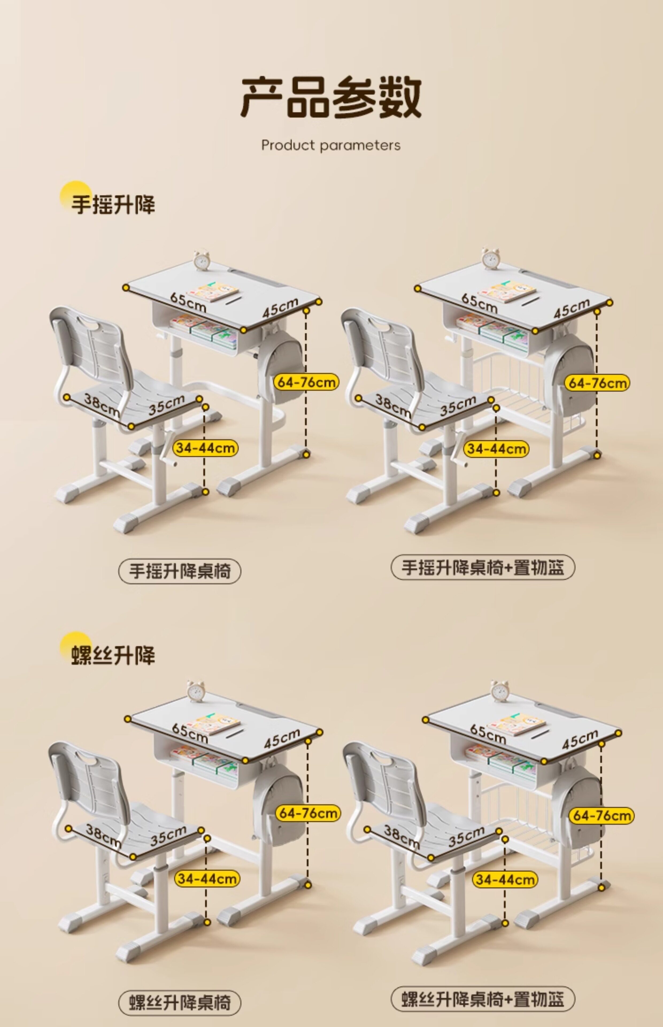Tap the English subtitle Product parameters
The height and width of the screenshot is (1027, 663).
click(x=331, y=145)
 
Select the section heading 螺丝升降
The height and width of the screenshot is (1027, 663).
click(x=113, y=656)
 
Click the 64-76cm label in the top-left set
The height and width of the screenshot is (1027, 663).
click(x=306, y=382)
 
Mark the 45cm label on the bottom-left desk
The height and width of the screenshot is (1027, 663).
click(x=282, y=739)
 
